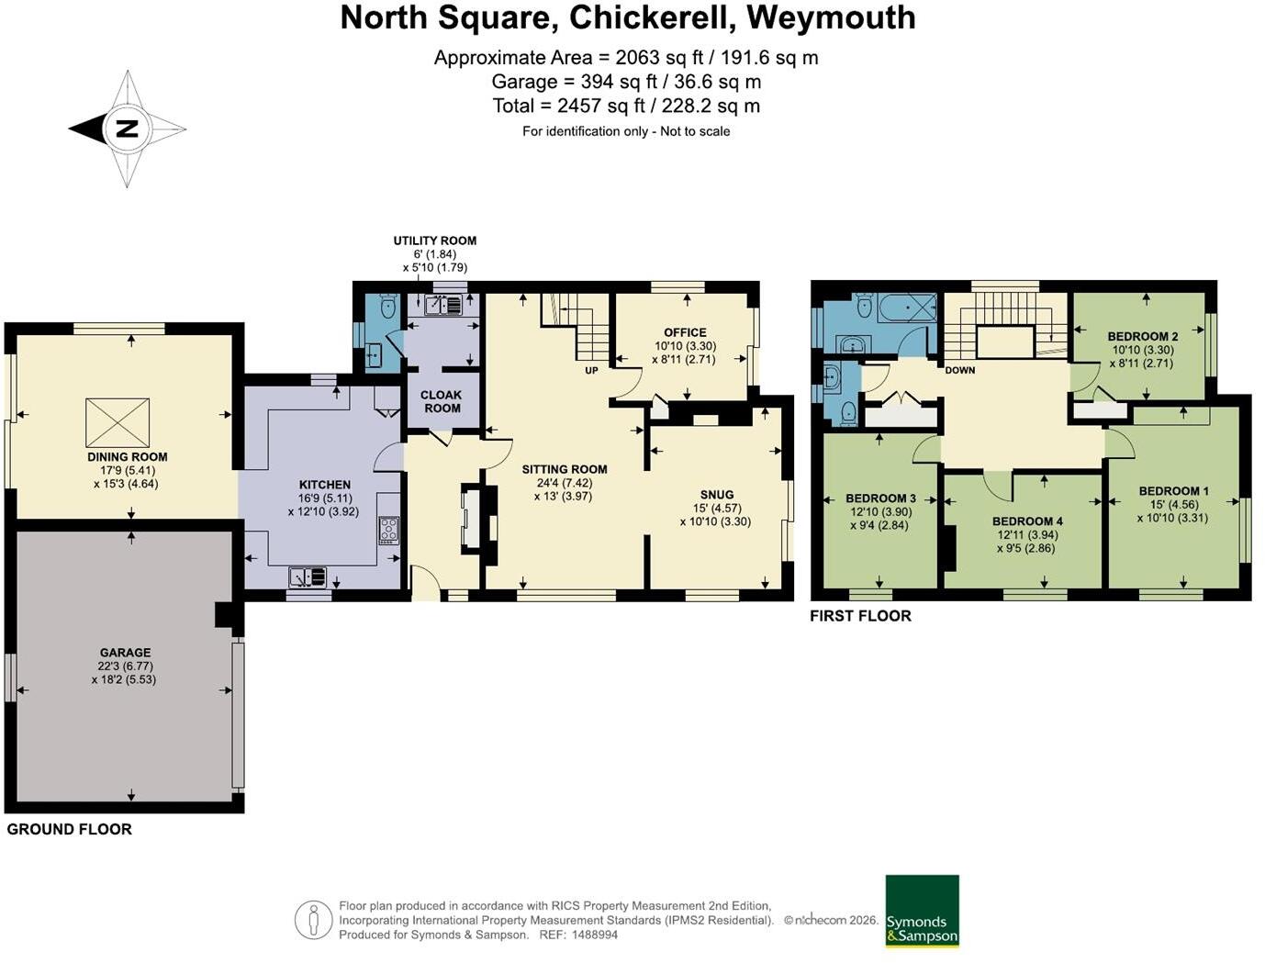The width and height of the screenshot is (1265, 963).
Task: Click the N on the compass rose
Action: click(x=127, y=129)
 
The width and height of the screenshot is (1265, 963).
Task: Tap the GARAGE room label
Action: click(x=125, y=653)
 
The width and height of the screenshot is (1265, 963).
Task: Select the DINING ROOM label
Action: click(x=128, y=457)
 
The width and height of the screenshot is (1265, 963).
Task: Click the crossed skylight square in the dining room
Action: click(x=118, y=422)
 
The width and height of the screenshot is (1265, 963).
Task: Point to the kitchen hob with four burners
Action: click(x=388, y=531)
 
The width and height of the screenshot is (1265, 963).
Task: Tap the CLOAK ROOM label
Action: click(x=441, y=402)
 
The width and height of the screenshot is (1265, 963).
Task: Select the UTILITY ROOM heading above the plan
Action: click(x=435, y=241)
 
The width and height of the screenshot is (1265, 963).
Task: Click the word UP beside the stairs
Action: click(x=591, y=371)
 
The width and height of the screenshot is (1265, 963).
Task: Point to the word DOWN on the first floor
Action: click(x=960, y=370)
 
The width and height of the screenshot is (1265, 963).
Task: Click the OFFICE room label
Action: click(x=685, y=332)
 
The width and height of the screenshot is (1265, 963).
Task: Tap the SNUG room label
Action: click(x=717, y=495)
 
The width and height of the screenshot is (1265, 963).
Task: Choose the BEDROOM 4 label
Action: click(x=1027, y=521)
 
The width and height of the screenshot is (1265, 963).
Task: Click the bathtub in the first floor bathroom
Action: click(x=908, y=308)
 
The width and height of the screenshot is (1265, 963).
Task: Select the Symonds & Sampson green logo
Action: click(x=922, y=912)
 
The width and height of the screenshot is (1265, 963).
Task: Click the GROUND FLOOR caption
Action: click(x=69, y=829)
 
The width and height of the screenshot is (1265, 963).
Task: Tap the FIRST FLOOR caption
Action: click(x=860, y=616)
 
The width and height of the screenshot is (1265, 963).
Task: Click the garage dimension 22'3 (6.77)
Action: click(x=125, y=666)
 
